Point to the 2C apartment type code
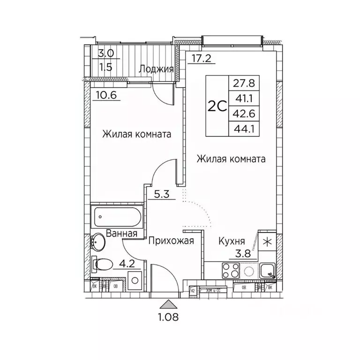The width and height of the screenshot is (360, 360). (216, 107)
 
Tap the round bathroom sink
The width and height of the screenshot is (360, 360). (99, 243)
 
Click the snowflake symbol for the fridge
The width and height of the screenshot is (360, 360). (267, 242)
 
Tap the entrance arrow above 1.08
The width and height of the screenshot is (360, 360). (167, 304)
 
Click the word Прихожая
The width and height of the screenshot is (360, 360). (171, 242)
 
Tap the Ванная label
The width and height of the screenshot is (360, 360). (121, 233)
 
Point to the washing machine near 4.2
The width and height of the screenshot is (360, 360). (135, 280)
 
